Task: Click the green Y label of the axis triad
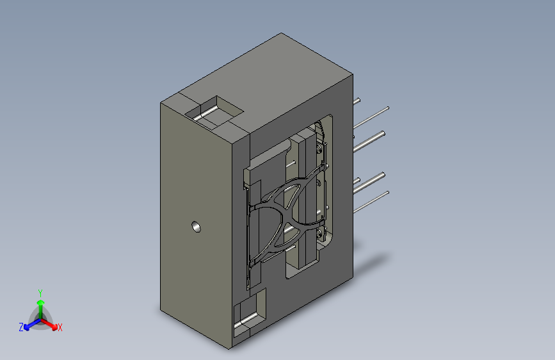click(x=40, y=293)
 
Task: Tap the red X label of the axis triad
click(x=60, y=328)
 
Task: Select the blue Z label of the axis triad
click(x=21, y=327)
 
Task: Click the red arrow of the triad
click(x=49, y=324)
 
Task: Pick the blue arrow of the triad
click(x=33, y=324)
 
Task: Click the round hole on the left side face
click(x=196, y=227)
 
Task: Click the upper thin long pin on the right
click(x=371, y=117)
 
